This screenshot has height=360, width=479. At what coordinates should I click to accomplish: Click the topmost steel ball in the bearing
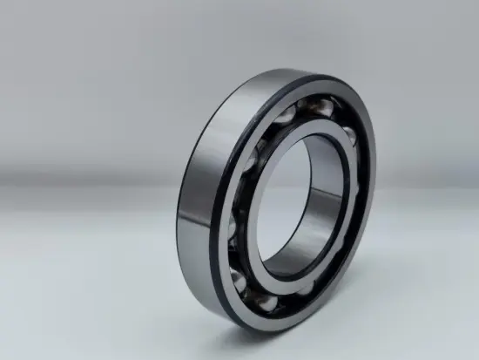[312, 107]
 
